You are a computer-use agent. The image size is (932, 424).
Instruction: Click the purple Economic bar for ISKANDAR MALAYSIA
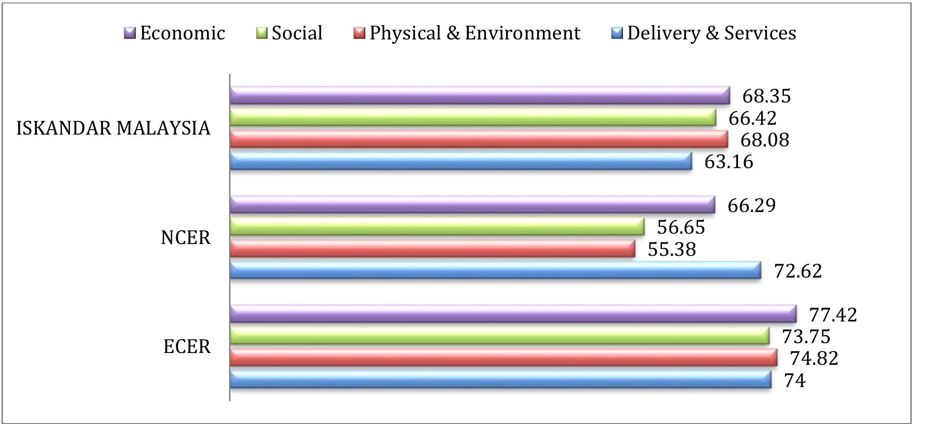[480, 96]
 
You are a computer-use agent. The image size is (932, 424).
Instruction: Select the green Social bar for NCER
[437, 227]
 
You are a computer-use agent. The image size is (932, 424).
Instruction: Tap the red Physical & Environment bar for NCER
[432, 249]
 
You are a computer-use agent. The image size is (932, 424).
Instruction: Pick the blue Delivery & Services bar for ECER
[501, 380]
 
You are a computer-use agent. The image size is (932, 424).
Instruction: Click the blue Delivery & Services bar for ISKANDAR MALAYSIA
[461, 162]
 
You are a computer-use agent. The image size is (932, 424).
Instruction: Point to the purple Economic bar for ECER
[513, 314]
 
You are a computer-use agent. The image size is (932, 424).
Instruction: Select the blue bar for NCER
[496, 271]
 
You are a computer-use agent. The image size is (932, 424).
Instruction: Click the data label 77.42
[833, 315]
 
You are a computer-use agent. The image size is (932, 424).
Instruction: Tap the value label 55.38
[671, 249]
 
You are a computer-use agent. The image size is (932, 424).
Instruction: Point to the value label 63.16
[729, 162]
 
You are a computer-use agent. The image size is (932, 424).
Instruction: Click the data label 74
[795, 381]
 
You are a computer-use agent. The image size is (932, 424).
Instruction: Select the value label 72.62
[798, 271]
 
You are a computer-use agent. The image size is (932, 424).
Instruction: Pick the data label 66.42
[752, 118]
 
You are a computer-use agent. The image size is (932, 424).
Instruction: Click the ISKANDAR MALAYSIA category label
[114, 129]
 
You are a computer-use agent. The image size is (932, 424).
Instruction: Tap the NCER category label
[186, 238]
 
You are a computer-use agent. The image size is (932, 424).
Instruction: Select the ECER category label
[187, 347]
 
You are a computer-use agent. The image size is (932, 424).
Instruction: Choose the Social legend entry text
[297, 33]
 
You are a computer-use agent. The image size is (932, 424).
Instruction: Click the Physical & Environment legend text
[475, 33]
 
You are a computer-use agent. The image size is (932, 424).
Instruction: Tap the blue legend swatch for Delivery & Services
[617, 34]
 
